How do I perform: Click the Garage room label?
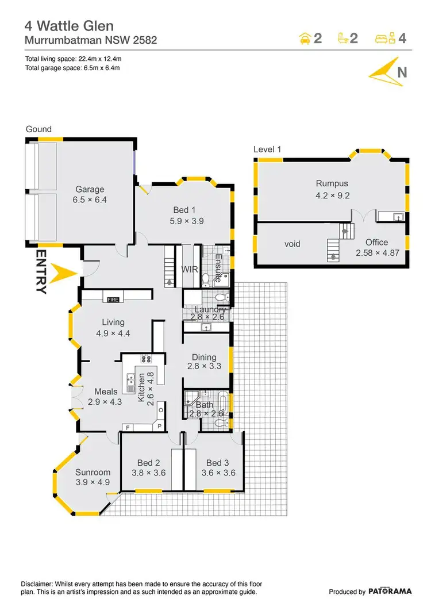90,189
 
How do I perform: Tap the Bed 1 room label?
184,209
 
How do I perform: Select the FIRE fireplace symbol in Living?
113,298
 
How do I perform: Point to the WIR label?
190,268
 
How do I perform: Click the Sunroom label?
93,473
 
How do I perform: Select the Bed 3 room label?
218,463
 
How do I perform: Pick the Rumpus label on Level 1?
332,184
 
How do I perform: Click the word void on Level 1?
293,244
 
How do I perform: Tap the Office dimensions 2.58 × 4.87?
376,252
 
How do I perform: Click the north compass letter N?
402,72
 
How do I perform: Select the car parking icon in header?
305,39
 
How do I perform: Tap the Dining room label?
204,356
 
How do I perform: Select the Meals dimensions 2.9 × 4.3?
105,402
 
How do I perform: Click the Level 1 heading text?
267,149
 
